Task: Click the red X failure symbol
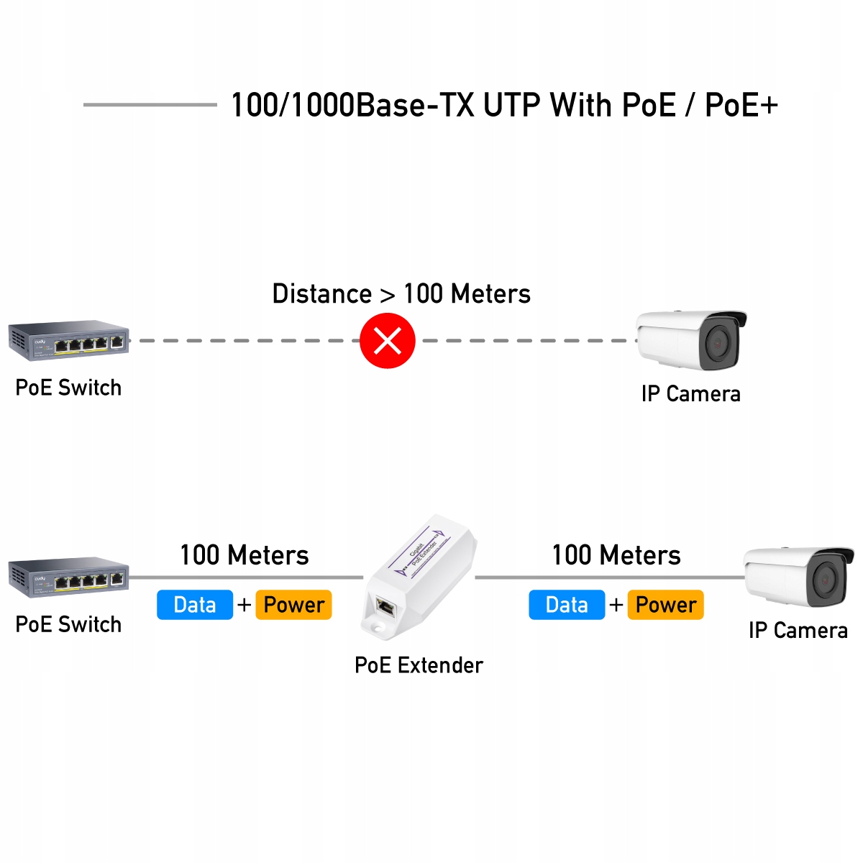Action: coord(388,341)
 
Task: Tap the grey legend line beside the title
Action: coord(150,105)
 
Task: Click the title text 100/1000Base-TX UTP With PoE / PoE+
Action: coord(503,105)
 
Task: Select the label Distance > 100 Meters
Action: coord(401,294)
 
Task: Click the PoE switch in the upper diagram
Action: coord(69,339)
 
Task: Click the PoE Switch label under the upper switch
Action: coord(68,388)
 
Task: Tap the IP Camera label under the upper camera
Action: coord(690,394)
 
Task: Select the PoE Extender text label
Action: coord(419,665)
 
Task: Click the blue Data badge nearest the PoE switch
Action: coord(195,605)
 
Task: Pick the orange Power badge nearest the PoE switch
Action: coord(293,605)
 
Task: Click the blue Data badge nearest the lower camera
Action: coord(567,605)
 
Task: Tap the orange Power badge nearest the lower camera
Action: coord(665,605)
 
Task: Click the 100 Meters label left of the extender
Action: coord(245,555)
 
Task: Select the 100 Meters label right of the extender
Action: coord(616,555)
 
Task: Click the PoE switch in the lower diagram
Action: coord(69,576)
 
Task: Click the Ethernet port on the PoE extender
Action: coord(385,608)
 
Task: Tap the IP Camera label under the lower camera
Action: coord(798,631)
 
